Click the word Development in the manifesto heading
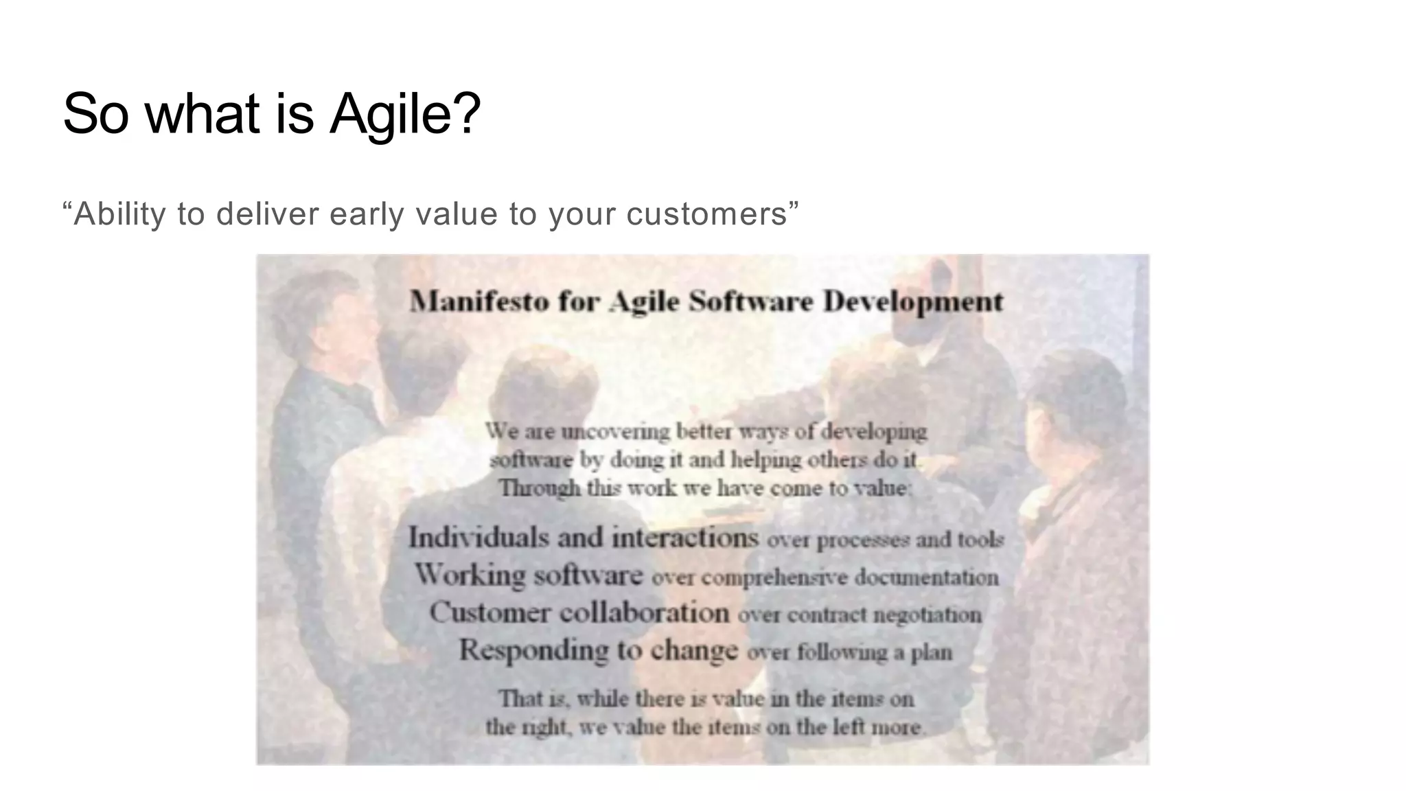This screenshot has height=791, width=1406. point(912,301)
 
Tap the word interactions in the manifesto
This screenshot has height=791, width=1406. point(685,537)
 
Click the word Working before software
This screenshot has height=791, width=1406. point(470,574)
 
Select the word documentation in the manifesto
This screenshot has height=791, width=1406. point(926,577)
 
